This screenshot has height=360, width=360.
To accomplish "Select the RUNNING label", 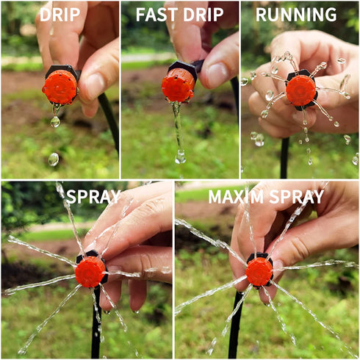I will pyautogui.click(x=296, y=15).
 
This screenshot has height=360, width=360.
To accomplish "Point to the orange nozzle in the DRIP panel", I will pyautogui.click(x=60, y=87).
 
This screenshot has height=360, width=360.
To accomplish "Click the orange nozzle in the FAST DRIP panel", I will pyautogui.click(x=178, y=84).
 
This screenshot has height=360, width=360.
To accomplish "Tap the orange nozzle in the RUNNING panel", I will pyautogui.click(x=300, y=90).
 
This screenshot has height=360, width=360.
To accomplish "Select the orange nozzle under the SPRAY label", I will pyautogui.click(x=90, y=272).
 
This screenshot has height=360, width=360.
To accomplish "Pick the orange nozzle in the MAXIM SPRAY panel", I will pyautogui.click(x=259, y=271).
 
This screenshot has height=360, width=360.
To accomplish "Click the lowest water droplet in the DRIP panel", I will pyautogui.click(x=54, y=159).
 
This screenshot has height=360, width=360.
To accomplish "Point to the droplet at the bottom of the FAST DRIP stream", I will pyautogui.click(x=180, y=156).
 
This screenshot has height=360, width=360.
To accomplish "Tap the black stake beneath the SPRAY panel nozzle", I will pyautogui.click(x=96, y=327).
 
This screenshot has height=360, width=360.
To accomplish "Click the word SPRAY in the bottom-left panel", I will pyautogui.click(x=93, y=197).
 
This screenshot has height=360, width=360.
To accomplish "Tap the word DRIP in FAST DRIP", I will pyautogui.click(x=206, y=15).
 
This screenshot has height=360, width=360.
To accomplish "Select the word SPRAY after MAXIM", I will pyautogui.click(x=298, y=197).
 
